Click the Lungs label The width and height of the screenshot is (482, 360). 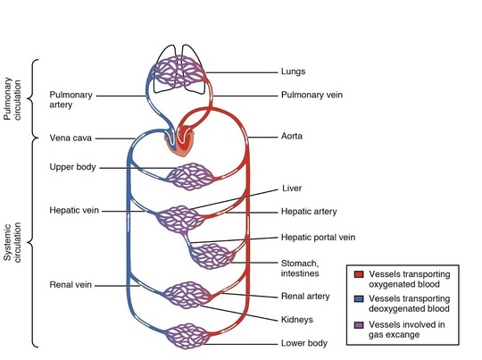(293, 71)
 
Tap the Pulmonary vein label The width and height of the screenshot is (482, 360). (312, 95)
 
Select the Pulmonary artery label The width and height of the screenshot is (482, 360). (71, 100)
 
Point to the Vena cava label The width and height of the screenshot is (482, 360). (71, 138)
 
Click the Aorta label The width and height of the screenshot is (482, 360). (292, 136)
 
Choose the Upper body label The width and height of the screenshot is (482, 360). (72, 167)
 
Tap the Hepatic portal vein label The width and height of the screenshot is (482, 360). (318, 238)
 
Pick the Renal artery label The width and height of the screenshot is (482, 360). (305, 297)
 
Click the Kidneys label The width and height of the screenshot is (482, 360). (297, 320)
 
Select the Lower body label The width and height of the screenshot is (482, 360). (304, 343)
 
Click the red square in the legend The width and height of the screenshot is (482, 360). (359, 274)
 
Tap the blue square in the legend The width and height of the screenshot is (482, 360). (359, 298)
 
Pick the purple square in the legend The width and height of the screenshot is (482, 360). (359, 325)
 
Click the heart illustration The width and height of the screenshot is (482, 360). (179, 142)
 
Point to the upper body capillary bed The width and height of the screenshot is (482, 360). (190, 177)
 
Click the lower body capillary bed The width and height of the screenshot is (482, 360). (187, 336)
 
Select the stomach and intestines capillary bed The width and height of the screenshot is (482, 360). (212, 256)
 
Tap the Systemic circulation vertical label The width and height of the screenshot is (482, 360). (12, 242)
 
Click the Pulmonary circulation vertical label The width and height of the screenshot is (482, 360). (12, 98)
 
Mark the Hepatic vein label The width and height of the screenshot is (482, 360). (74, 210)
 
